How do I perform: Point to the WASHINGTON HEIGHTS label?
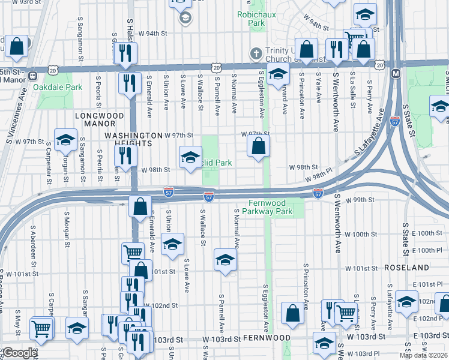tap(133, 136)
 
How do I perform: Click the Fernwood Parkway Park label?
tap(268, 208)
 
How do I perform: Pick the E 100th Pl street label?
tap(429, 250)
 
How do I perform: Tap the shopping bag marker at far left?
tap(17, 46)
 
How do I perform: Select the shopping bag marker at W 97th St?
tap(258, 146)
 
